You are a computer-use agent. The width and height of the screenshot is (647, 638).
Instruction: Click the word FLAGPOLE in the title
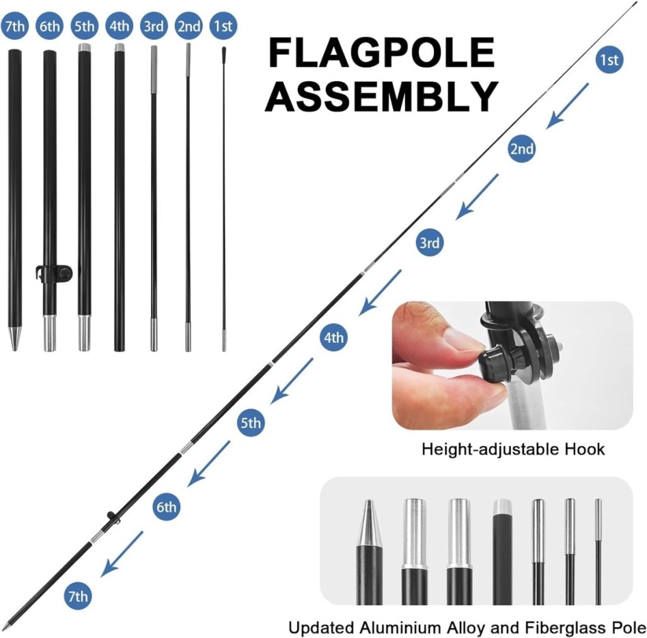(x=382, y=52)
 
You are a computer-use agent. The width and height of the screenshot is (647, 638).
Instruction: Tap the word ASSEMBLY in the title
(x=382, y=96)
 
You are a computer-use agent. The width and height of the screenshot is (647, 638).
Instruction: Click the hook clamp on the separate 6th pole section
(x=54, y=274)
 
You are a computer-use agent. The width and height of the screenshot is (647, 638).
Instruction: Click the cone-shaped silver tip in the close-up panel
(x=368, y=523)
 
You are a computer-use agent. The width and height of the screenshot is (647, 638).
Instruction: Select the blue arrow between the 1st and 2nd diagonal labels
(x=568, y=106)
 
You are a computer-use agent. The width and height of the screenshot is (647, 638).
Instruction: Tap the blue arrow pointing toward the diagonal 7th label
(x=122, y=554)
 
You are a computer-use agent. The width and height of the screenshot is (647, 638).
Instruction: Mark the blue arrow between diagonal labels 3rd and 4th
(x=380, y=292)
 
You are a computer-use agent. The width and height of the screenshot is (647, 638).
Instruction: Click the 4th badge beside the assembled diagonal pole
(x=334, y=338)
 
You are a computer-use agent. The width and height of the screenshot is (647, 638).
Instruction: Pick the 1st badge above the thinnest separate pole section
(x=223, y=25)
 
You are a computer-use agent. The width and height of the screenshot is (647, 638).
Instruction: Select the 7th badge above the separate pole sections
(x=15, y=25)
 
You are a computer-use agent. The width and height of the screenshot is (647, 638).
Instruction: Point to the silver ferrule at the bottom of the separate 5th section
(x=84, y=333)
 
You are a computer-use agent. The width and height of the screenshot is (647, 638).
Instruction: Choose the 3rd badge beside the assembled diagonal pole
(x=430, y=242)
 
